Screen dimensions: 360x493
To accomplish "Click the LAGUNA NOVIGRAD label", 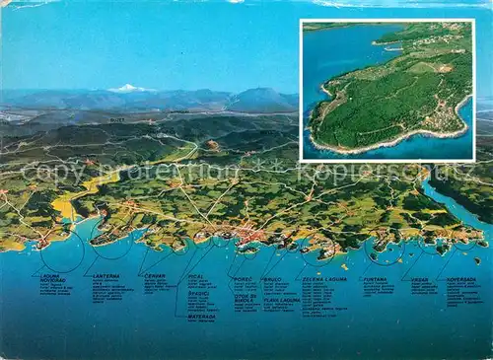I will pyautogui.click(x=52, y=278).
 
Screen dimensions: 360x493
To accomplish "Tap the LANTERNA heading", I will pyautogui.click(x=106, y=276).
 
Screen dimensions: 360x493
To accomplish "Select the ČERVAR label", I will pyautogui.click(x=155, y=276).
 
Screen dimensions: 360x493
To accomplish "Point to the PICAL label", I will pyautogui.click(x=196, y=277).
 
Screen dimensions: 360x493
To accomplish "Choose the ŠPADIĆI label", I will pyautogui.click(x=198, y=293).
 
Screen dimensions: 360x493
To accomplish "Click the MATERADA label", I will pyautogui.click(x=202, y=317).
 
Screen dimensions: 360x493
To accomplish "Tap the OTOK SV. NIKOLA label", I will pyautogui.click(x=245, y=298).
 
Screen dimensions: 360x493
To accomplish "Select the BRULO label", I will pyautogui.click(x=272, y=279).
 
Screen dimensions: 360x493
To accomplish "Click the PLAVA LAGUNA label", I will pyautogui.click(x=282, y=300).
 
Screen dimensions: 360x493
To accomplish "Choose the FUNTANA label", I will pyautogui.click(x=375, y=279).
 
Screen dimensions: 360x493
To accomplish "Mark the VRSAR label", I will pyautogui.click(x=420, y=279).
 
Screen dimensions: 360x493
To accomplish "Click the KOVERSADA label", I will pyautogui.click(x=461, y=279).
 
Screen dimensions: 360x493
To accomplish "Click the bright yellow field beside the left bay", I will pyautogui.click(x=64, y=208).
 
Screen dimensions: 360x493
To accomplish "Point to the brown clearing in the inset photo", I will pyautogui.click(x=444, y=68).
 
